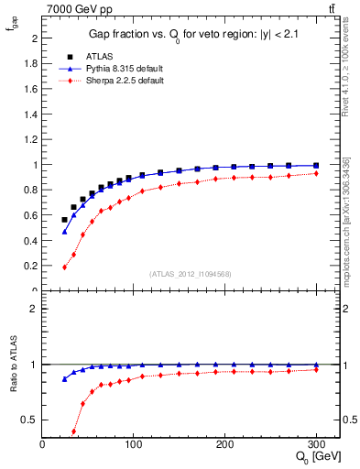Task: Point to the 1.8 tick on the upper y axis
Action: (33, 64)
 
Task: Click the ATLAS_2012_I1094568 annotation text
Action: (191, 273)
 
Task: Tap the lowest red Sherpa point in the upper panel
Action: (64, 267)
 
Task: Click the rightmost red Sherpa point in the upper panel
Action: (316, 173)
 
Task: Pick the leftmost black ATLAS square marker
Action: (64, 220)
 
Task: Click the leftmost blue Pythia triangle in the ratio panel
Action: (64, 378)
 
